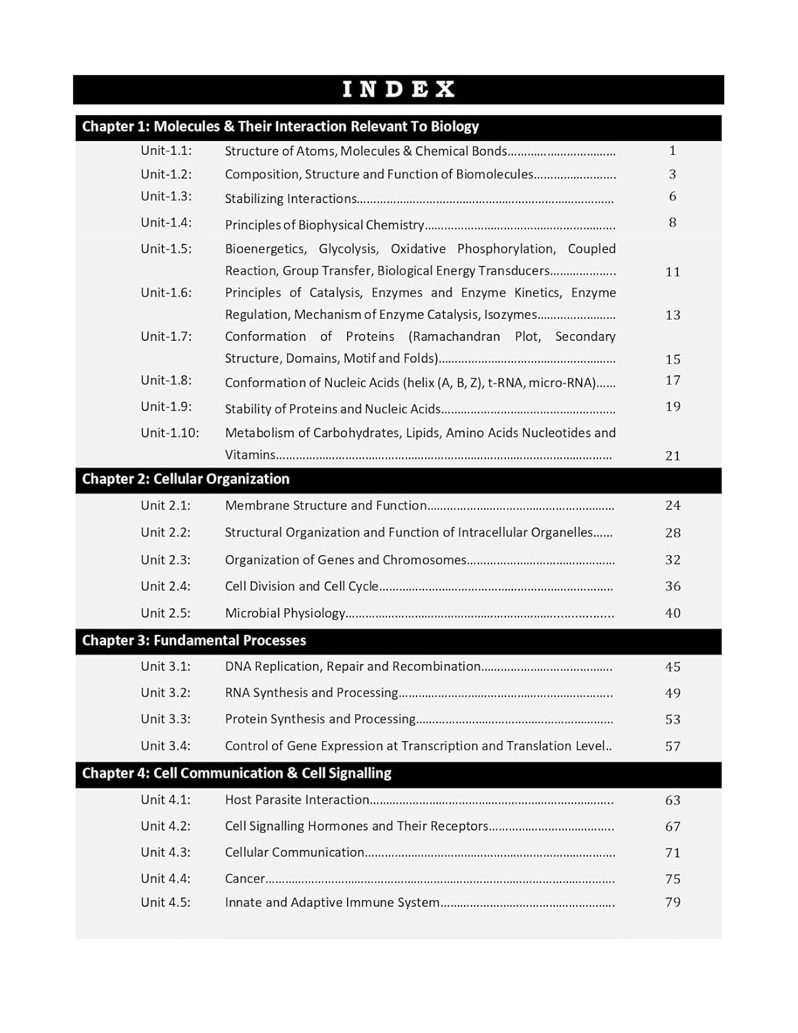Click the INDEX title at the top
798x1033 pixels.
[399, 90]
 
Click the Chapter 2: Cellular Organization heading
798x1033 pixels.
[185, 479]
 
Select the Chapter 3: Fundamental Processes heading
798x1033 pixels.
[193, 640]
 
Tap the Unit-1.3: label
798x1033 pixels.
[166, 196]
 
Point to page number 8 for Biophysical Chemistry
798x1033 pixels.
[673, 222]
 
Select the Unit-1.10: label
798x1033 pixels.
[169, 433]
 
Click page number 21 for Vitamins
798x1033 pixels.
[673, 456]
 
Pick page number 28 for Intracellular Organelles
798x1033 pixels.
[673, 533]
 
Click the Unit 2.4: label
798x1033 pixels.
[165, 586]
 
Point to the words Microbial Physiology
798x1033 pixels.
[285, 613]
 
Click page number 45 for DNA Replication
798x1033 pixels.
[673, 667]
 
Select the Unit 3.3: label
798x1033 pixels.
[165, 719]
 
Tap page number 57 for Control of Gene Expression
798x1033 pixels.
[673, 747]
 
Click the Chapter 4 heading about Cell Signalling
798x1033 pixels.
[236, 773]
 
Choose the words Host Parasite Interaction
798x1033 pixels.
[297, 800]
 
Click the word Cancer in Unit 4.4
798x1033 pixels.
[244, 879]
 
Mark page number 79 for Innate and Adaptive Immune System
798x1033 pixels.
[673, 902]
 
